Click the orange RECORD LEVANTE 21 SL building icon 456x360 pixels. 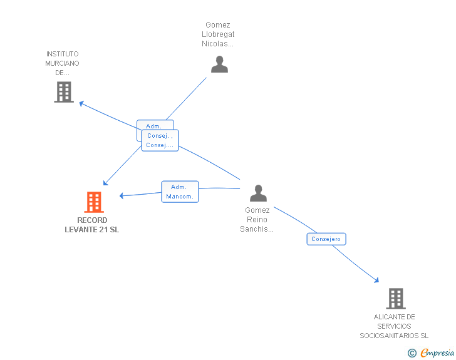click(94, 202)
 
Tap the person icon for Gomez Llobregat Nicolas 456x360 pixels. click(220, 64)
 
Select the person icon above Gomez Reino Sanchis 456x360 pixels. click(258, 193)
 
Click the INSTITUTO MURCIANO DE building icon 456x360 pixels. click(64, 92)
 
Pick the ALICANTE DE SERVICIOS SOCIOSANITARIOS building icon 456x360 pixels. click(396, 299)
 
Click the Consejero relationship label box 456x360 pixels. click(326, 239)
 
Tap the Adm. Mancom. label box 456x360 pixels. click(180, 192)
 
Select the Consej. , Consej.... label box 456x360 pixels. click(160, 140)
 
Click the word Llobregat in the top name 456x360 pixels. click(218, 34)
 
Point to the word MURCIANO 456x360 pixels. click(62, 63)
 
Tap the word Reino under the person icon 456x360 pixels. click(257, 220)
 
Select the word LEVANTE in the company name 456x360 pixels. click(81, 230)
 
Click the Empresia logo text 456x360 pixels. click(437, 353)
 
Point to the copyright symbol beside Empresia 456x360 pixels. click(412, 353)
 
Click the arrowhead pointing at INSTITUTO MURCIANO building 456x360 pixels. click(81, 103)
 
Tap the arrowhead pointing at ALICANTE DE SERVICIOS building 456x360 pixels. click(376, 280)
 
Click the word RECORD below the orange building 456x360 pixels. click(92, 220)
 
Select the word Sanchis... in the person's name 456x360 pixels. click(257, 229)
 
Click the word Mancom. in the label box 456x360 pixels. click(180, 197)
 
